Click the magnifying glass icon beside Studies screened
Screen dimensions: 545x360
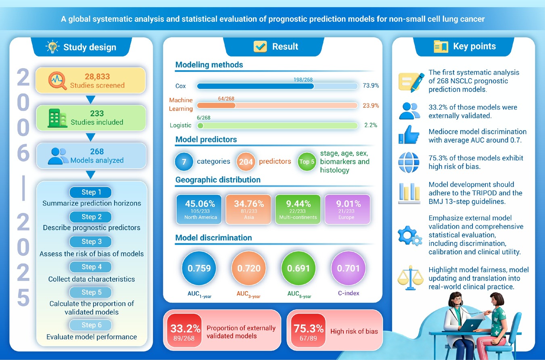[57, 81]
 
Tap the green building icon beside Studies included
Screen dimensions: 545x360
[57, 118]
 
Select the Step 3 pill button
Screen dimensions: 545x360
[90, 241]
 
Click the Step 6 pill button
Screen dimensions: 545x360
[90, 325]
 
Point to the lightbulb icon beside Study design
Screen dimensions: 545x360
[52, 47]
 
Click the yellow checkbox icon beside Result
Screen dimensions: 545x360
[260, 46]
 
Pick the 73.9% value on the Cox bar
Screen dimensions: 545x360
[371, 85]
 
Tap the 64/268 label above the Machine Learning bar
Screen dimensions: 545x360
[226, 98]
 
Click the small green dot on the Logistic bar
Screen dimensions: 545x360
[200, 126]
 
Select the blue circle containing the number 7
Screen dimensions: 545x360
[184, 162]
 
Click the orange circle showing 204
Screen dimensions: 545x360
[246, 162]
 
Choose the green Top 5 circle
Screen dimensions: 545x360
[307, 162]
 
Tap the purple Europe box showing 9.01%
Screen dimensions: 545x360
[347, 209]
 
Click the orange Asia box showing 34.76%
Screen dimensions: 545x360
[248, 209]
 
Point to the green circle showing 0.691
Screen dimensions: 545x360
[299, 268]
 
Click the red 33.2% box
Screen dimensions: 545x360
[184, 330]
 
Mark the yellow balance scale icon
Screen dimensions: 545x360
[410, 277]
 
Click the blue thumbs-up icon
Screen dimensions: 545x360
[409, 135]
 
